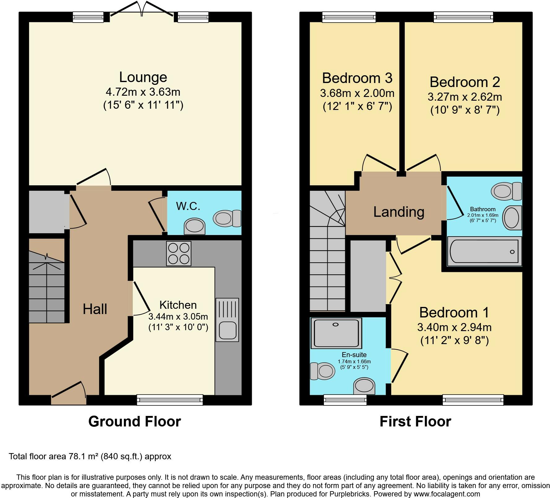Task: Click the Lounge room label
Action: [143, 77]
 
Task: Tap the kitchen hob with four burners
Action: [179, 253]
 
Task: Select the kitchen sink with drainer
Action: [227, 320]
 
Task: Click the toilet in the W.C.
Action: [227, 218]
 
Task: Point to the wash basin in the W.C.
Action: [194, 226]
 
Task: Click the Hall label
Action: [95, 309]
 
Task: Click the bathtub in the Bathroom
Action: [484, 251]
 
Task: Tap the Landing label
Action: [399, 212]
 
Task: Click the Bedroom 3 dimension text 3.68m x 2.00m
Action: [357, 93]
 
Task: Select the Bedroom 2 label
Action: [465, 82]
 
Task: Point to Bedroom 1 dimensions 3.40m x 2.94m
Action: [454, 327]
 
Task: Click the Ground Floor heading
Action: [134, 422]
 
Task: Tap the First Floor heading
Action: [415, 422]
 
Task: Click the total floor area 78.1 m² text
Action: [90, 456]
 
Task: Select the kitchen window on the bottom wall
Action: [170, 400]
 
